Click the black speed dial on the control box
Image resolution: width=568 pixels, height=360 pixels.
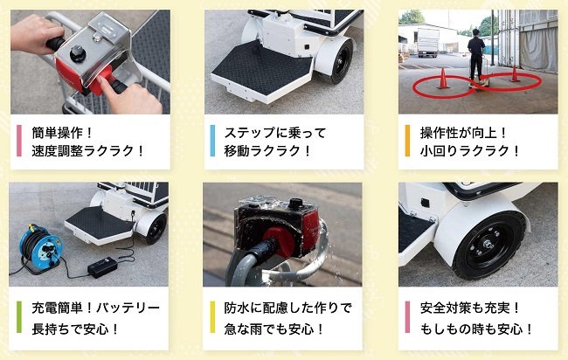point(78,53)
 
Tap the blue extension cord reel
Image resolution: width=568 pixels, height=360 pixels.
point(39,248)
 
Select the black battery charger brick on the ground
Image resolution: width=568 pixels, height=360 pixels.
point(102,267)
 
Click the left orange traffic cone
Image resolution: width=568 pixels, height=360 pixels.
point(443,79)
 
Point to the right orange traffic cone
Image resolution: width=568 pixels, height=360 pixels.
point(514,73)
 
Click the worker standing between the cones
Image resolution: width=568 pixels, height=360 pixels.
point(476,55)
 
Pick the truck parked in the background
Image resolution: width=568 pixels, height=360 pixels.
point(428,43)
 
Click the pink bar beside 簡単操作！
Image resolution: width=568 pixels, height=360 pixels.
point(19,141)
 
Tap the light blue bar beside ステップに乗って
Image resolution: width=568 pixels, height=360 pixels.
point(212,141)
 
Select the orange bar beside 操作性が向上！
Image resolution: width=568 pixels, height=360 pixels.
point(407,141)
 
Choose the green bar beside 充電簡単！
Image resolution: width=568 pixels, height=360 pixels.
point(19,317)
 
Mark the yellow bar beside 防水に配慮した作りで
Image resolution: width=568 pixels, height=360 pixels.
point(212,317)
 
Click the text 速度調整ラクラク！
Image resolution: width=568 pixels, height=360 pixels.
point(88,151)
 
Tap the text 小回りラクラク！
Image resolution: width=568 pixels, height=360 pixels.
point(470,151)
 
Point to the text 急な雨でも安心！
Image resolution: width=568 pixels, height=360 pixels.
point(274,329)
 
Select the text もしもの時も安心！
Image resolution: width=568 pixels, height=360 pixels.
point(477,329)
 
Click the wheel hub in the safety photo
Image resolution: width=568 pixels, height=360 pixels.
point(488,245)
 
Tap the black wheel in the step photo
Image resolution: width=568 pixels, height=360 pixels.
point(338,60)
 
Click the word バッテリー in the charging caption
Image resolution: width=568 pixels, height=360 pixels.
point(128,308)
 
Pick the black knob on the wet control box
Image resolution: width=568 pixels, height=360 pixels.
point(296,204)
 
